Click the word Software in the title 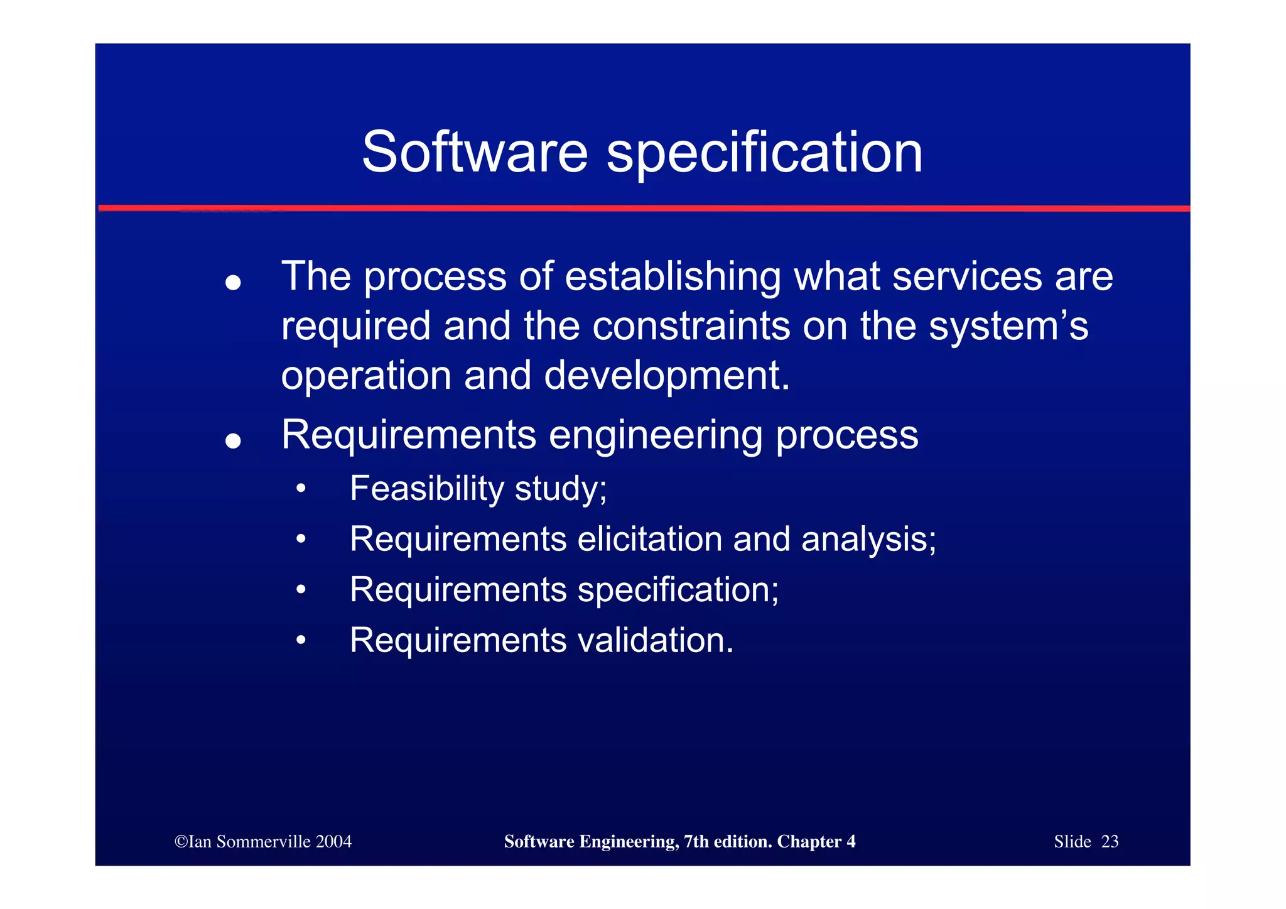coord(475,153)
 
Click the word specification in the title coord(764,154)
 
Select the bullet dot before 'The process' coord(233,283)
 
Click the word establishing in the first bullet coord(673,277)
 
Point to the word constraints coord(691,327)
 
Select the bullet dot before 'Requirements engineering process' coord(233,441)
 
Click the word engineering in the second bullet coord(655,436)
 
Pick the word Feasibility coord(426,489)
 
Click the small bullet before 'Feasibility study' coord(301,488)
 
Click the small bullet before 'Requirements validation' coord(301,640)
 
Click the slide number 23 coord(1110,842)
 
